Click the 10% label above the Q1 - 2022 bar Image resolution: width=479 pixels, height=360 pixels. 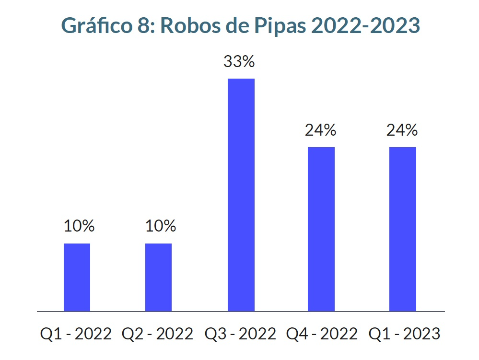[79, 226]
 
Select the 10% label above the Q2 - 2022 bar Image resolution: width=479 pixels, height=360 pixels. [161, 226]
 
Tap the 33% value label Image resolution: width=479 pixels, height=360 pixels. [239, 62]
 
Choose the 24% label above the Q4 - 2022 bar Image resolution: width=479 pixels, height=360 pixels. [321, 130]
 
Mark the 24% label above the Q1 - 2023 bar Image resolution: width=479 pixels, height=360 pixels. [402, 130]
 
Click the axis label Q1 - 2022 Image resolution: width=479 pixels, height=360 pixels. [75, 333]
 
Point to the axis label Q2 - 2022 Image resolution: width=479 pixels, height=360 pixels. [157, 333]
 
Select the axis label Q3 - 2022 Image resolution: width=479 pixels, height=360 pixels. [240, 333]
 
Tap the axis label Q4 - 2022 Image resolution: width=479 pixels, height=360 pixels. [321, 333]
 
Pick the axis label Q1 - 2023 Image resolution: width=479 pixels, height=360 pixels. [403, 333]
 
